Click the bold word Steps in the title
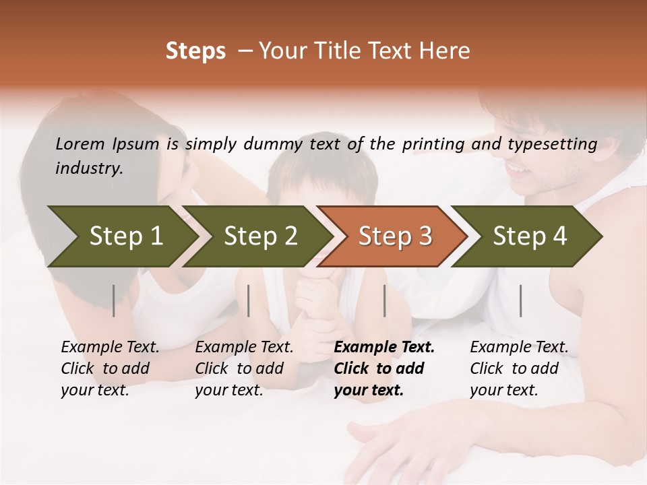pos(195,51)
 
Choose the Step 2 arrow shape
pos(256,236)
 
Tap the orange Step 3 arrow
pos(392,236)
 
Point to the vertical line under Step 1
pos(114,300)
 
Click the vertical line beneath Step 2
pos(249,300)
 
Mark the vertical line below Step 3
pos(384,300)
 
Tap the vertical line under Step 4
pos(520,300)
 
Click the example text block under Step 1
pos(110,368)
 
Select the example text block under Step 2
pos(244,368)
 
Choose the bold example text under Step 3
pos(384,368)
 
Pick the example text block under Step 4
pos(519,368)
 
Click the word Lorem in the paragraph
pos(80,143)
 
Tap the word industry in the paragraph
pos(88,168)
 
